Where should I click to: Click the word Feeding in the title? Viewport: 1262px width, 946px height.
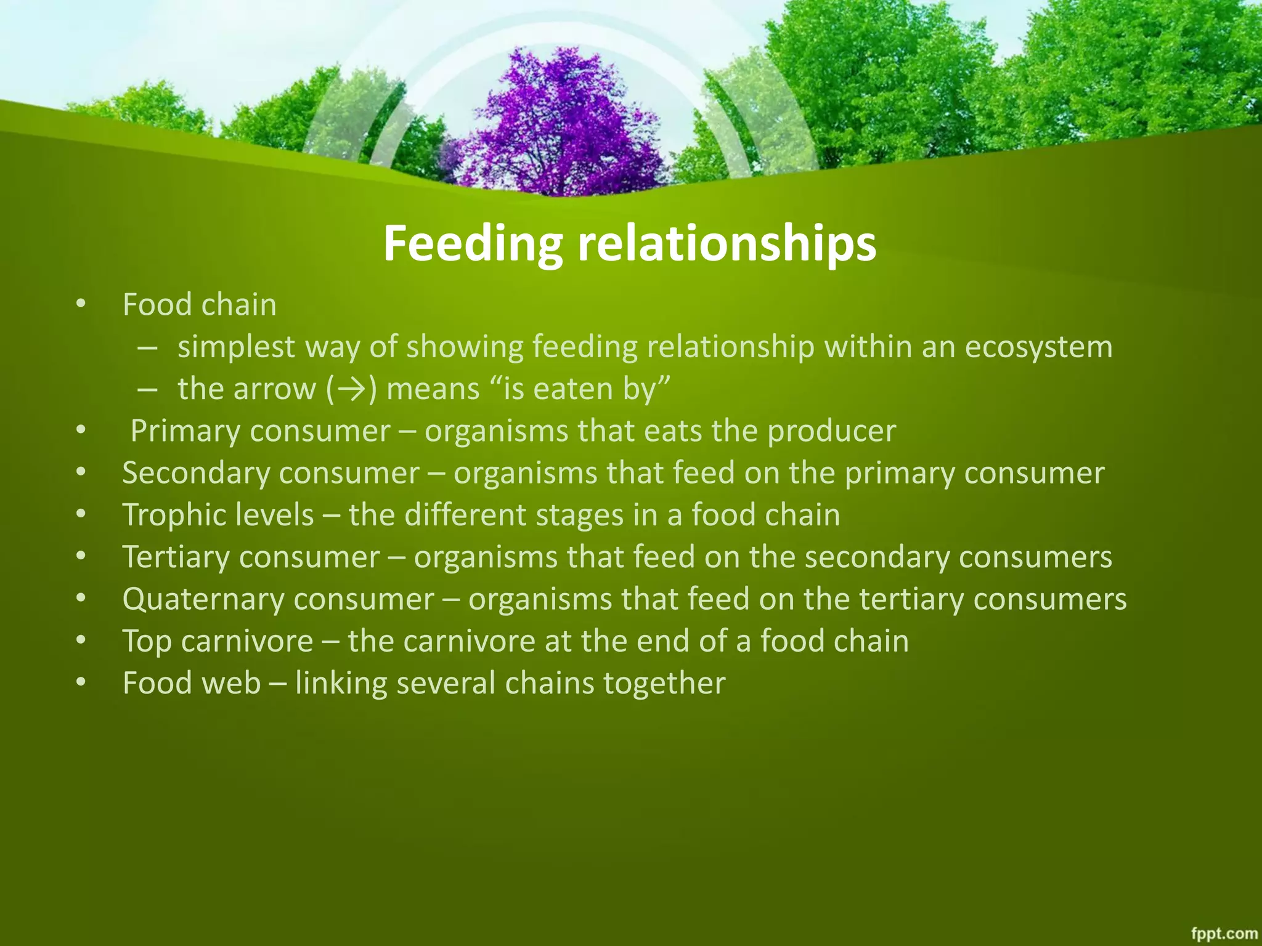click(472, 244)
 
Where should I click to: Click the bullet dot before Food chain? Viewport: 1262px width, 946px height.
click(81, 304)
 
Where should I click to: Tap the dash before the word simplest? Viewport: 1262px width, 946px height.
click(147, 347)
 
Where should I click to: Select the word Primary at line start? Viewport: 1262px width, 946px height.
click(185, 431)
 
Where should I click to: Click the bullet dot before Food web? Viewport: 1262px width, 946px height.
click(81, 683)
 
